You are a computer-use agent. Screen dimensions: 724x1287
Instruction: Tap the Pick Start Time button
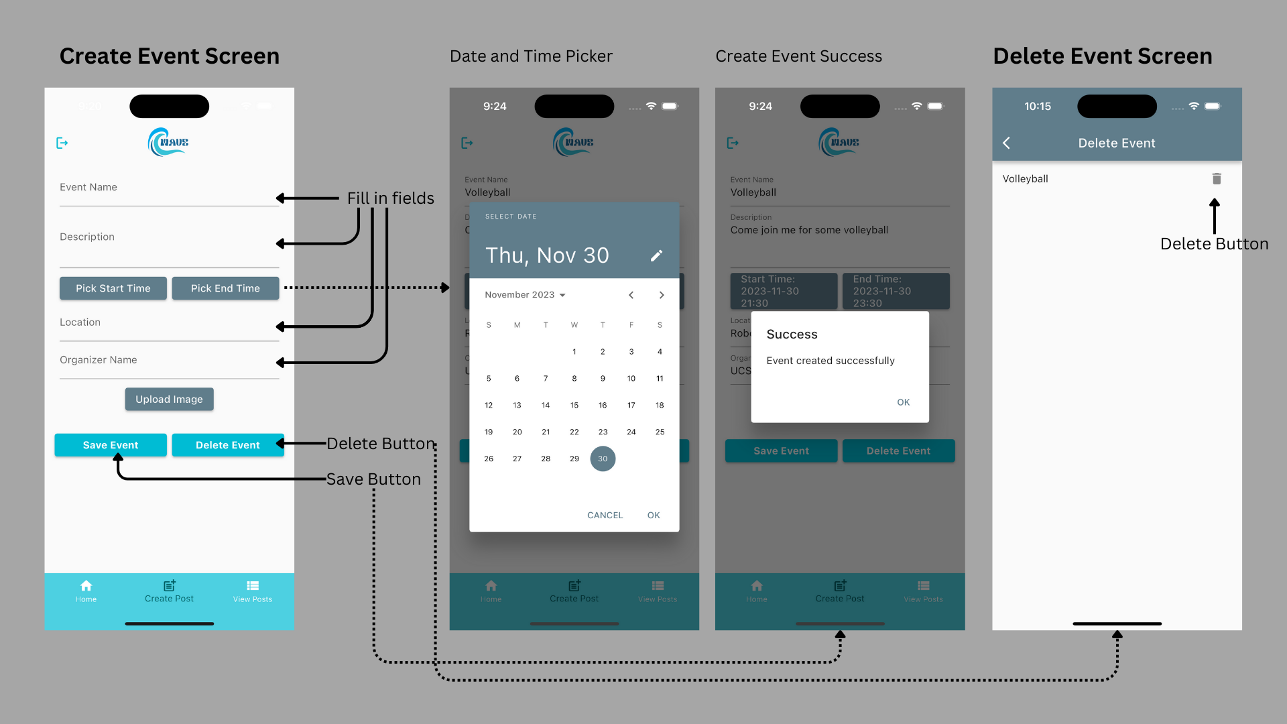[x=113, y=288]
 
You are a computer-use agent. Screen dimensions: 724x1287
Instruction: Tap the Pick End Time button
[x=225, y=288]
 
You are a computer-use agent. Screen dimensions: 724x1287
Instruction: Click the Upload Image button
[x=169, y=400]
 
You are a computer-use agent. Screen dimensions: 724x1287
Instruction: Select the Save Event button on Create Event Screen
[x=111, y=445]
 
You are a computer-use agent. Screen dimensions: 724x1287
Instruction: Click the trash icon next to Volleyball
[x=1217, y=179]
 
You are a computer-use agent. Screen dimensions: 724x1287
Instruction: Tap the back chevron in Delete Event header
[x=1006, y=143]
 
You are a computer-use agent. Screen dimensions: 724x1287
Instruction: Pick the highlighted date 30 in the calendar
[x=603, y=459]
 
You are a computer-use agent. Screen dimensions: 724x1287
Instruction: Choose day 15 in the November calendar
[x=574, y=405]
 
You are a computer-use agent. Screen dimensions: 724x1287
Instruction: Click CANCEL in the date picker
[x=605, y=515]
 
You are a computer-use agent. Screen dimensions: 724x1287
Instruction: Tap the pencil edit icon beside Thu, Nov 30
[x=656, y=255]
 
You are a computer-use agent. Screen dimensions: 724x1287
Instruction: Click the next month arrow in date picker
[x=662, y=295]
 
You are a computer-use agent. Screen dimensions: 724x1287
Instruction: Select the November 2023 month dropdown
[x=525, y=295]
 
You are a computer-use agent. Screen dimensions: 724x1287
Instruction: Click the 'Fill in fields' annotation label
[x=390, y=198]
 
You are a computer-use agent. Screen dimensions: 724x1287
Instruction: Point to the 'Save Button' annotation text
[x=373, y=479]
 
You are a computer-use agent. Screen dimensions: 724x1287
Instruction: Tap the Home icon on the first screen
[x=86, y=586]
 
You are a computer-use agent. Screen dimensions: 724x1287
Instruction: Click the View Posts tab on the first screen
[x=253, y=591]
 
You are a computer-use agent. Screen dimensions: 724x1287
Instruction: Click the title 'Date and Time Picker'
[x=531, y=56]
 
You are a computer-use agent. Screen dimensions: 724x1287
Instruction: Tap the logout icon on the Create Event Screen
[x=62, y=143]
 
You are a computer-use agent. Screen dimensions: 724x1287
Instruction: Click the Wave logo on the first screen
[x=168, y=142]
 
